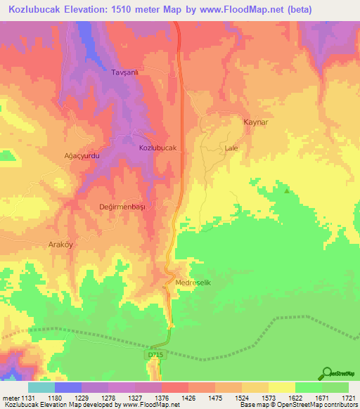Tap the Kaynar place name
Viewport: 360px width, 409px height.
(x=256, y=122)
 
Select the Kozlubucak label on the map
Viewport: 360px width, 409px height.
(x=157, y=148)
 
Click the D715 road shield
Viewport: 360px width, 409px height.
(x=155, y=355)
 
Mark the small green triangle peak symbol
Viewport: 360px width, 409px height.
(x=286, y=190)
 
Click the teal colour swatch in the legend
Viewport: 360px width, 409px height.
(x=41, y=387)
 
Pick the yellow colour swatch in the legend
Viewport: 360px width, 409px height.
(x=281, y=387)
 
